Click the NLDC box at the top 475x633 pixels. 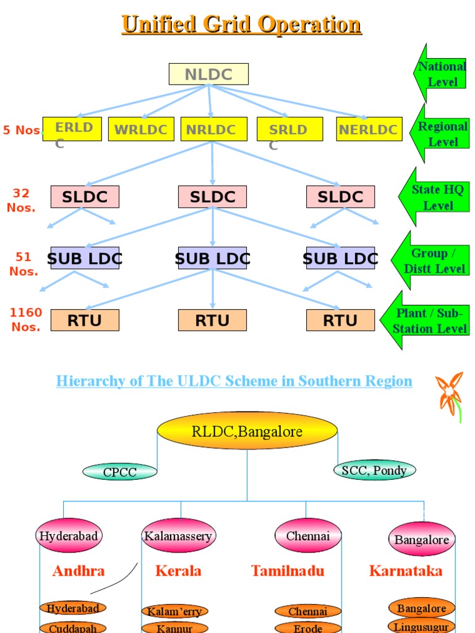pyautogui.click(x=208, y=74)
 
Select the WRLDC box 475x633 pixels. pyautogui.click(x=141, y=129)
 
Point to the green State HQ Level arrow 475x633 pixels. pyautogui.click(x=436, y=197)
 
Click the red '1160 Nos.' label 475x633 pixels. pyautogui.click(x=25, y=320)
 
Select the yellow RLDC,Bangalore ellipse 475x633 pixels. pyautogui.click(x=247, y=431)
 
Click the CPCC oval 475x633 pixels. pyautogui.click(x=119, y=472)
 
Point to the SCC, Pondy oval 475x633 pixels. pyautogui.click(x=374, y=470)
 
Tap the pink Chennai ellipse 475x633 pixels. pyautogui.click(x=308, y=536)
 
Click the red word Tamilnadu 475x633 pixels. pyautogui.click(x=288, y=571)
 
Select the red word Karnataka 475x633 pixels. pyautogui.click(x=406, y=571)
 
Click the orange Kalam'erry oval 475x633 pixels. pyautogui.click(x=174, y=611)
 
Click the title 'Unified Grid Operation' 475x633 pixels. pyautogui.click(x=241, y=25)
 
